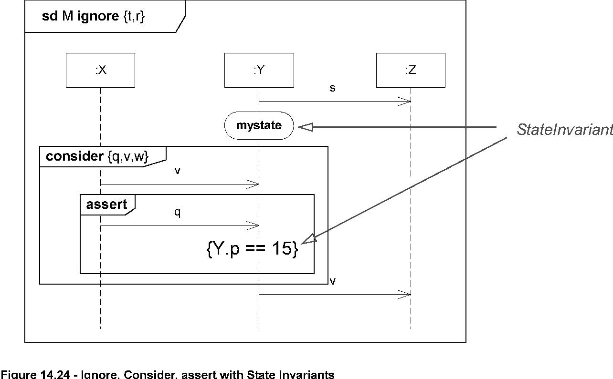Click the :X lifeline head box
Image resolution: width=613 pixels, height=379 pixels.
[x=100, y=70]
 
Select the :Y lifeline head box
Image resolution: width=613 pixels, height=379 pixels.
[x=259, y=70]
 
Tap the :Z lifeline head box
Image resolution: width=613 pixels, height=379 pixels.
[x=411, y=70]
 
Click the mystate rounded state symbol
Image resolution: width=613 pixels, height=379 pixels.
[x=258, y=126]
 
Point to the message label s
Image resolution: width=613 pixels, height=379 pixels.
[x=332, y=89]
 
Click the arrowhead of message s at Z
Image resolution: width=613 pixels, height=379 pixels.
[x=407, y=101]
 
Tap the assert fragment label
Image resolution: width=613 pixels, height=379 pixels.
[x=106, y=205]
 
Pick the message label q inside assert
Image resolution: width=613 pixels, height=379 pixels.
[x=177, y=214]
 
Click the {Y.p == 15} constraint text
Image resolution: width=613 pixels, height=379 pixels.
[x=253, y=249]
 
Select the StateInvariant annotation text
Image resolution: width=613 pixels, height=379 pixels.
[x=564, y=130]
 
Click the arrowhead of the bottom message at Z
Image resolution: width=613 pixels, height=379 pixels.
[x=407, y=295]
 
